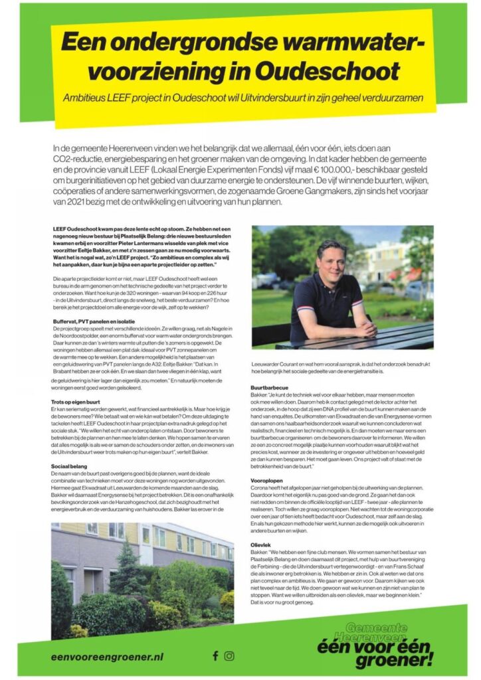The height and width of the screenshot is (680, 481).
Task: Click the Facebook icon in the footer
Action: coord(215,655)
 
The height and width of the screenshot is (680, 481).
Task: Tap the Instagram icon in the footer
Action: coord(230,655)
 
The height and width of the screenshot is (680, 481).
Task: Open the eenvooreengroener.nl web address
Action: coord(107,656)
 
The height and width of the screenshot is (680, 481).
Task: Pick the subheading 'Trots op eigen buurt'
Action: coord(75,402)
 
